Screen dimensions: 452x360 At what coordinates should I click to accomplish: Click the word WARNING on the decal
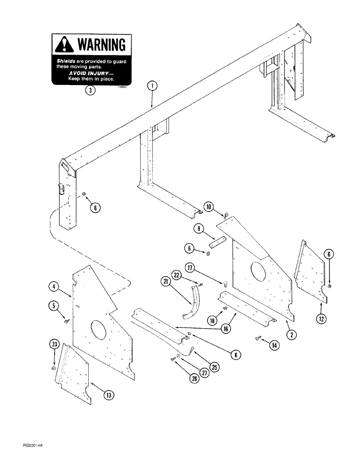[102, 45]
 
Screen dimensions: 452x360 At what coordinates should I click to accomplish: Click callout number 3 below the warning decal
[91, 90]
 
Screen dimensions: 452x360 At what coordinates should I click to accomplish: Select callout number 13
[108, 395]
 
